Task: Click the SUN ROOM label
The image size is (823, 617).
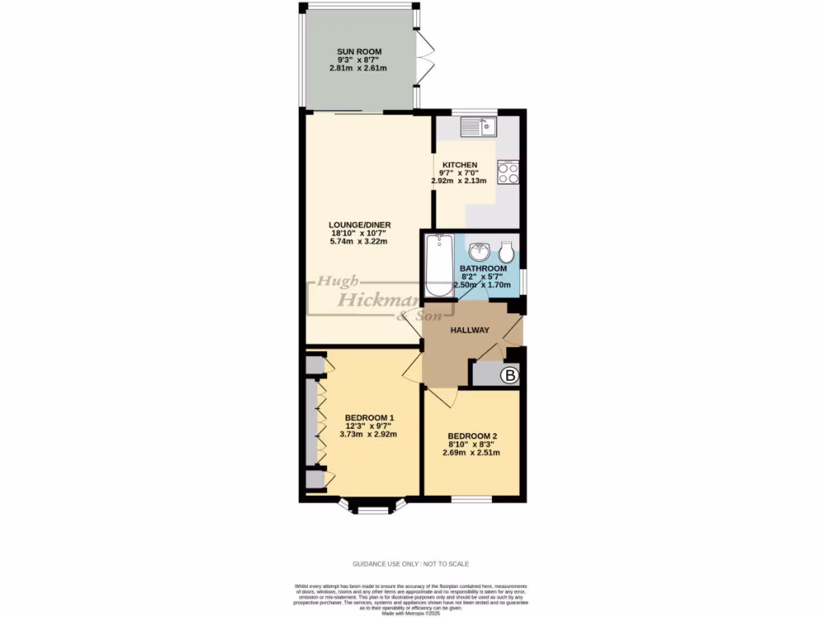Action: [x=358, y=52]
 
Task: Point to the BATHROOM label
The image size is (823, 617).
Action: [x=483, y=268]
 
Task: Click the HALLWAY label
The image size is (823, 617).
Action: [x=469, y=330]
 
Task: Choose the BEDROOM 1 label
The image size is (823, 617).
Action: [x=370, y=418]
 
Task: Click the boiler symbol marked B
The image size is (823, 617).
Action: [x=509, y=374]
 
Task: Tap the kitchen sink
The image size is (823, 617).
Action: [x=479, y=126]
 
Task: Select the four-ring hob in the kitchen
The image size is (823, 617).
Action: [x=508, y=173]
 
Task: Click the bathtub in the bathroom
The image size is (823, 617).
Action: [x=438, y=265]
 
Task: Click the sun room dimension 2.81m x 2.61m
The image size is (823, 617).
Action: [x=358, y=68]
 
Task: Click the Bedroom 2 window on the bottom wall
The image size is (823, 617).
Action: [x=471, y=499]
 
